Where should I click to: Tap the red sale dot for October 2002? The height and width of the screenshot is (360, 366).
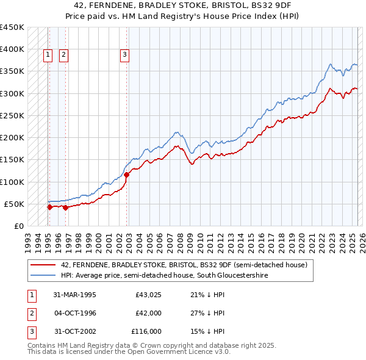click(x=127, y=175)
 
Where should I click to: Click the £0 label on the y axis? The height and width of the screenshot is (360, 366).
click(x=19, y=226)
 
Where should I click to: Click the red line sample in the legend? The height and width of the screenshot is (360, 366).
click(x=43, y=265)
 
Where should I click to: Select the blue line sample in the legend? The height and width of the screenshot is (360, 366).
click(x=43, y=276)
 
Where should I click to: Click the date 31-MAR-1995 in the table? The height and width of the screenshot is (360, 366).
click(x=75, y=295)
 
